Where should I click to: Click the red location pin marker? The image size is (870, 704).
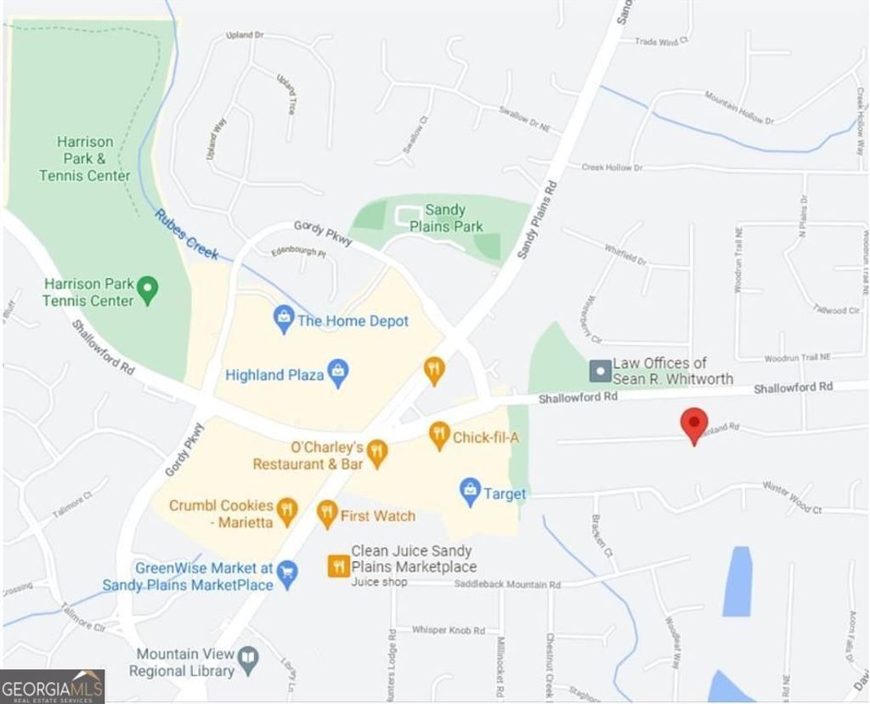tap(695, 423)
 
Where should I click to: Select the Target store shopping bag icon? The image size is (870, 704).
tap(470, 491)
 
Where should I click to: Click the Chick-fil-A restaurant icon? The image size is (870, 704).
tap(439, 435)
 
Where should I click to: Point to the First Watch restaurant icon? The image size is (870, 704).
tap(327, 513)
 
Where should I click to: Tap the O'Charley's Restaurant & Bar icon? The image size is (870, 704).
tap(377, 452)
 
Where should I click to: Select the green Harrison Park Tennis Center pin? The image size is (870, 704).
tap(148, 290)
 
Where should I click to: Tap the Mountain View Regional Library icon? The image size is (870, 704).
tap(248, 658)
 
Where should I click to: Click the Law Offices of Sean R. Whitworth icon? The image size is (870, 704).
tap(601, 371)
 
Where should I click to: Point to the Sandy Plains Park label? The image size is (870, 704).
tap(446, 218)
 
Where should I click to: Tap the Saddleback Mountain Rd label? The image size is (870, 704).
tap(507, 584)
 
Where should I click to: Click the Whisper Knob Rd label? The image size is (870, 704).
tap(448, 630)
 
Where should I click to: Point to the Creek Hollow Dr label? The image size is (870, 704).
tap(612, 167)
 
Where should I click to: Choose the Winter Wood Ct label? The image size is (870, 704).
tap(792, 498)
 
